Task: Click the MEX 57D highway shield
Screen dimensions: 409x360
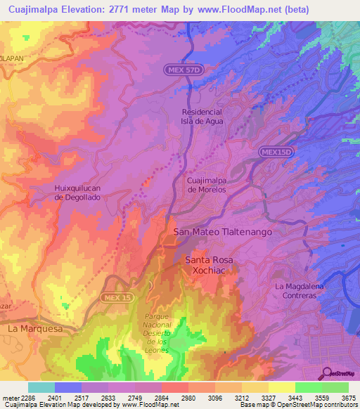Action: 184,70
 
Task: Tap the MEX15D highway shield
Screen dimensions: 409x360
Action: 274,152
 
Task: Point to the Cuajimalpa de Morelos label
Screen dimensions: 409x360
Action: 206,185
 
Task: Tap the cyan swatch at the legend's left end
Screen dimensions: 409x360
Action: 41,387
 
